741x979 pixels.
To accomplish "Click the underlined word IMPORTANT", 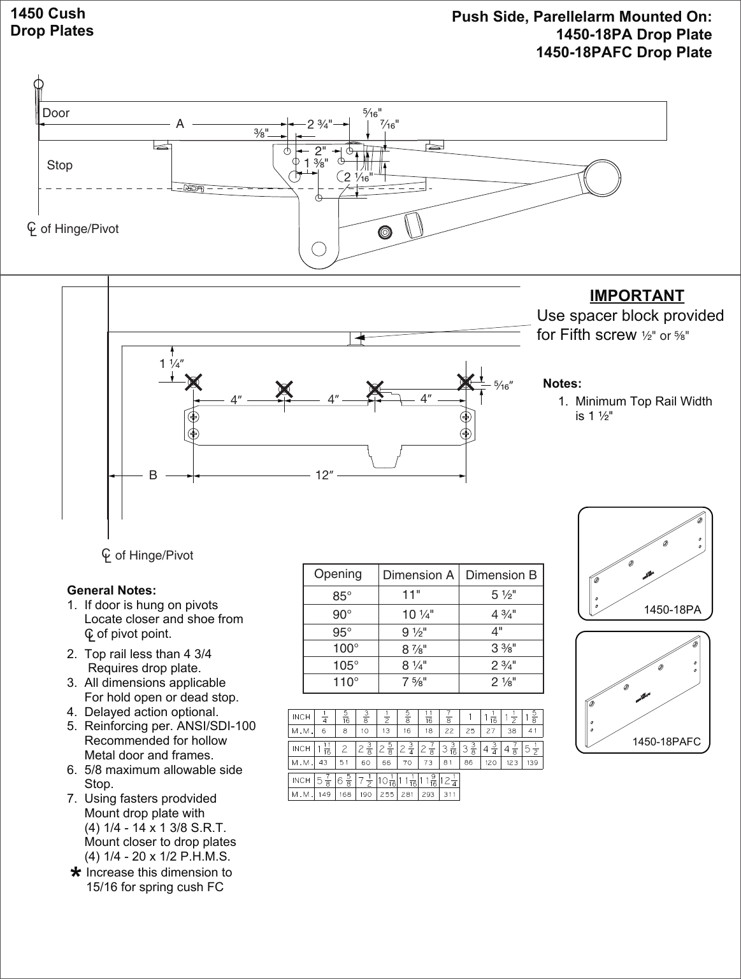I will point(637,296).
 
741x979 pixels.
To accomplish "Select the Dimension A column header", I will point(418,575).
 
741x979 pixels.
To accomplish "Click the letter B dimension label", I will point(153,475).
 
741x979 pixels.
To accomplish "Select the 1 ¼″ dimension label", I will point(171,364).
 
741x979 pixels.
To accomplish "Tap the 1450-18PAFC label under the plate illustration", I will point(666,742).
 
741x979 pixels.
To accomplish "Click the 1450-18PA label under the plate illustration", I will point(672,610).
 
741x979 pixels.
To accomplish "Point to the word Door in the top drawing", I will point(56,113).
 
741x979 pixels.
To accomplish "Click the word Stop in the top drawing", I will point(60,166).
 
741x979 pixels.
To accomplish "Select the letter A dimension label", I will point(180,125).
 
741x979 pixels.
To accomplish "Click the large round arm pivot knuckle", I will point(602,178).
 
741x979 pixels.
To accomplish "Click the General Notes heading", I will point(112,590).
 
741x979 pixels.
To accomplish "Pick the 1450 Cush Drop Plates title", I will point(52,22).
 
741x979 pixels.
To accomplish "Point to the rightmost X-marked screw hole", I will point(466,382).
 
